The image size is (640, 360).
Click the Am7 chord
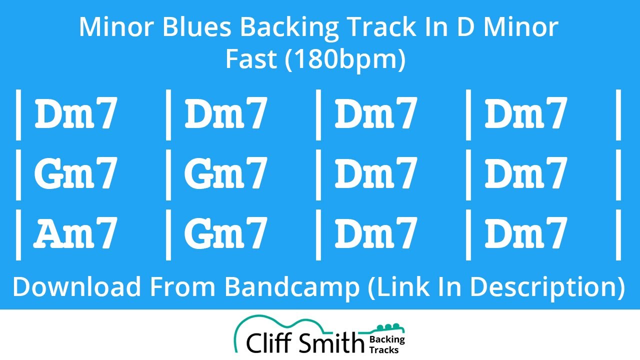(75, 233)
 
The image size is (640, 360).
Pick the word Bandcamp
(291, 286)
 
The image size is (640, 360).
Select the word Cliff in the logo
(269, 343)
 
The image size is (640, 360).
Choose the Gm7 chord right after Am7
(225, 233)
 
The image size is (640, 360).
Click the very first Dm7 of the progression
(75, 113)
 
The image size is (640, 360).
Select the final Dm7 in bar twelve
(525, 233)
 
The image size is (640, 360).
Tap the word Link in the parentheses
(395, 286)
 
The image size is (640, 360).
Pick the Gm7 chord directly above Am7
(75, 173)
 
